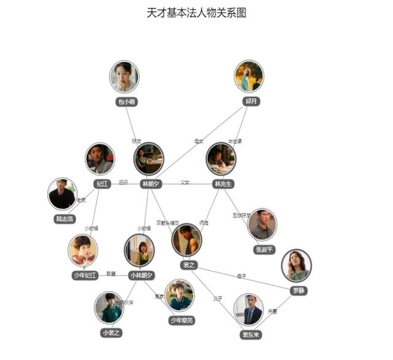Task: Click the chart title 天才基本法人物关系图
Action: tap(196, 12)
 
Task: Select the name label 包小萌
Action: tap(126, 102)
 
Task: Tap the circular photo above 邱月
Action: tap(249, 76)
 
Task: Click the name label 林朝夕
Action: tap(150, 183)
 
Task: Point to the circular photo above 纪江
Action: tap(99, 159)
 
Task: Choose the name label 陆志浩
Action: tap(63, 218)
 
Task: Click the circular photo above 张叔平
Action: tap(262, 224)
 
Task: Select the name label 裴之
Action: tap(188, 264)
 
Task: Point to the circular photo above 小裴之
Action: tap(109, 308)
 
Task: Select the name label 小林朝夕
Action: tap(142, 275)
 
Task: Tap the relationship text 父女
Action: tap(185, 183)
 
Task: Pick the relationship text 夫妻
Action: tap(273, 312)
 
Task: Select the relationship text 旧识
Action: tap(123, 183)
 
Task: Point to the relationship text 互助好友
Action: tap(241, 215)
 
